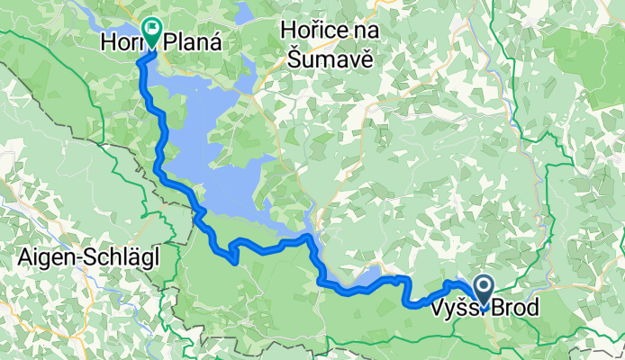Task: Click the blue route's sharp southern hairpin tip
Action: click(x=235, y=263)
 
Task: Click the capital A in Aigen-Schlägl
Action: click(x=24, y=256)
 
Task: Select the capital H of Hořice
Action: click(x=288, y=30)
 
